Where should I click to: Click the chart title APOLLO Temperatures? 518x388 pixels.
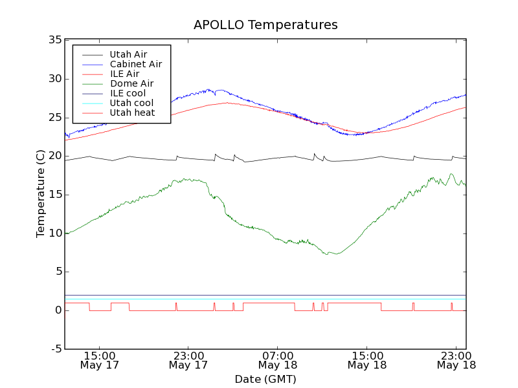(265, 25)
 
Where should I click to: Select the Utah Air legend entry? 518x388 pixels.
(128, 54)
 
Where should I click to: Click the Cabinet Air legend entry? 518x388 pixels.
(135, 64)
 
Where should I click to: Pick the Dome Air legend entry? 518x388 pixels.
(131, 83)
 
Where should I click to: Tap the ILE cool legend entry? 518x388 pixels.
(128, 93)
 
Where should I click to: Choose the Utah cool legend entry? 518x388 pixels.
(131, 103)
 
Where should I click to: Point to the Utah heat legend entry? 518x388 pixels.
(131, 113)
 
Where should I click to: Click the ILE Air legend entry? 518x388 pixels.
(124, 74)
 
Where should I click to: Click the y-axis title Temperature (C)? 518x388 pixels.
(41, 194)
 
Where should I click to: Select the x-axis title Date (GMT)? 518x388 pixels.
(265, 379)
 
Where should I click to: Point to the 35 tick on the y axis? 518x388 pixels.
(54, 40)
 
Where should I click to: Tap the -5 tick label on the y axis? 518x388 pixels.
(56, 349)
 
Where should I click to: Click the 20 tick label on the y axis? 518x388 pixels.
(54, 156)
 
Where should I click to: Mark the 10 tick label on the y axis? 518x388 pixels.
(54, 233)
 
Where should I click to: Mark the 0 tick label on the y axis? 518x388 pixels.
(58, 310)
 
